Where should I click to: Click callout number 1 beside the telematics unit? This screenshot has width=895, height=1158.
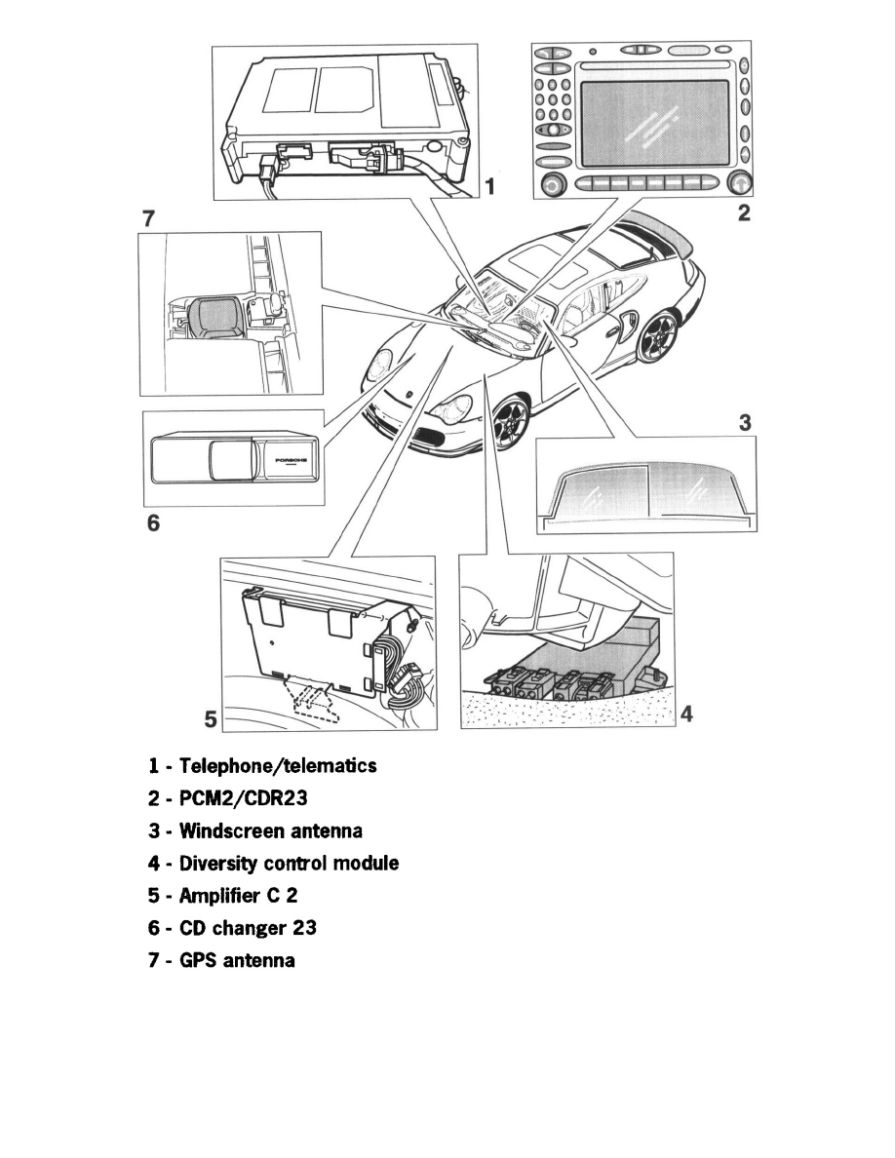(492, 185)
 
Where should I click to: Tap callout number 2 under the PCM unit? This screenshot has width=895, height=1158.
(744, 212)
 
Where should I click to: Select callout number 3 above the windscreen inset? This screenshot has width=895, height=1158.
(744, 423)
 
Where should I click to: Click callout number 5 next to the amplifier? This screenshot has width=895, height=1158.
(211, 719)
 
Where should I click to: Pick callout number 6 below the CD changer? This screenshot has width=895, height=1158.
(153, 523)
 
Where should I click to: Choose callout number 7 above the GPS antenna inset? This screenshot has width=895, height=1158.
(149, 219)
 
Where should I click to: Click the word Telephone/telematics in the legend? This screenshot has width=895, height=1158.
(272, 766)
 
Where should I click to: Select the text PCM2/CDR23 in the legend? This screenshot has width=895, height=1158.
(243, 798)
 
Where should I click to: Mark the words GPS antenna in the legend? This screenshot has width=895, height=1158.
(237, 961)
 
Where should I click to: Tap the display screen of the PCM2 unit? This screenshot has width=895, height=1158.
(654, 122)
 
